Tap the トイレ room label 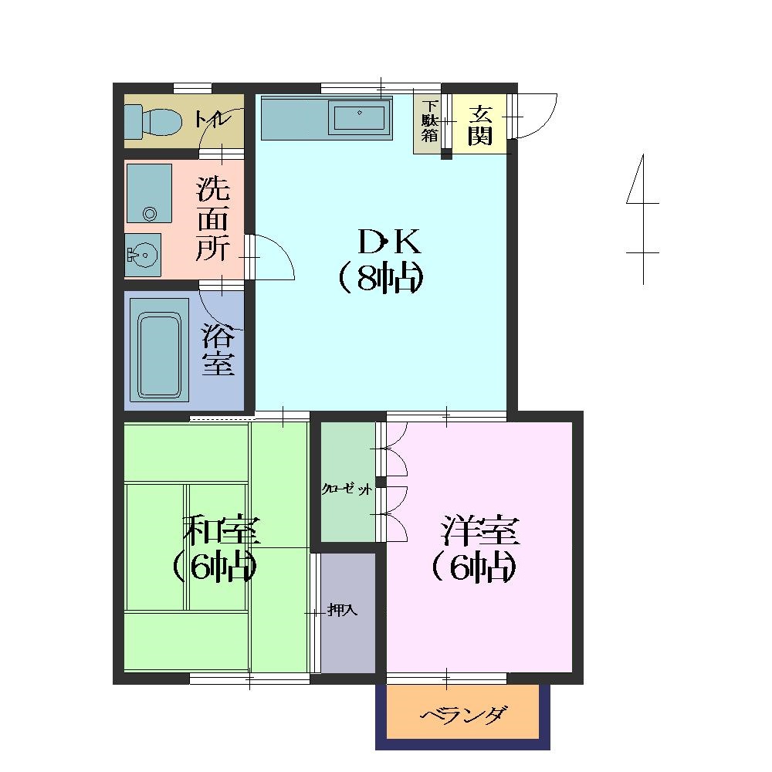point(213,119)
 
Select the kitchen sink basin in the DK point(360,117)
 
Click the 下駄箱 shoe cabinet point(429,124)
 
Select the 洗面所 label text point(213,218)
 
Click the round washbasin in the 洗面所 point(143,255)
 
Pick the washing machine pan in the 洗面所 point(149,194)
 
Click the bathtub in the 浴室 point(160,350)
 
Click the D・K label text point(389,241)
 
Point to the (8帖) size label point(381,279)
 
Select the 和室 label point(222,530)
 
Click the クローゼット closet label point(347,489)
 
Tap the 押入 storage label point(343,611)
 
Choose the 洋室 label point(480,530)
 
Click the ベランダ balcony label point(463,715)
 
